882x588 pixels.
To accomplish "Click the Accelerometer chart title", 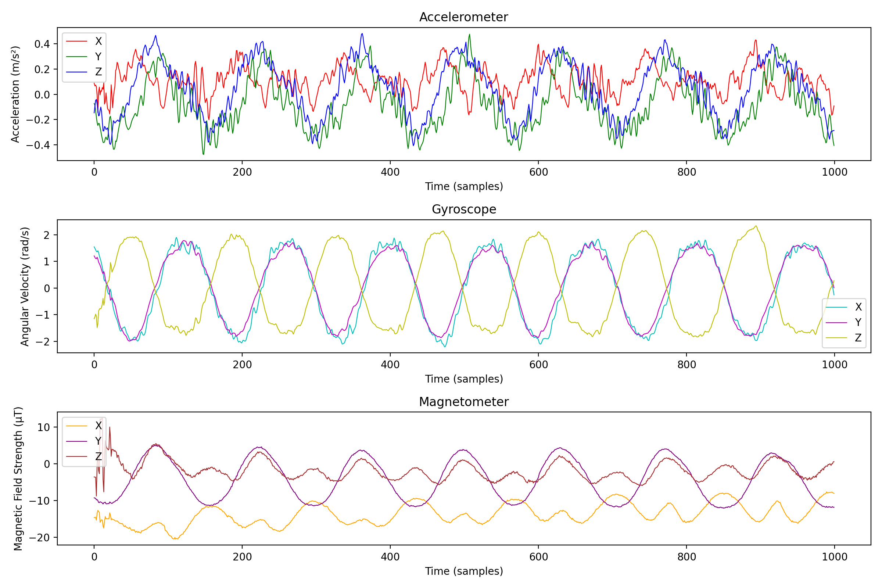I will [x=463, y=17].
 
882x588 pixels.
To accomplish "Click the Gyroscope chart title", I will [x=463, y=209].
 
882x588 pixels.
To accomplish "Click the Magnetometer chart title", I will [x=463, y=402].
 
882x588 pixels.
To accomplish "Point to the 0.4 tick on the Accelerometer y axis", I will [x=42, y=44].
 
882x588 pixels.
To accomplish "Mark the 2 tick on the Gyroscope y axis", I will [x=47, y=235].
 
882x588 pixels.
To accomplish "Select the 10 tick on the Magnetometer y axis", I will [x=43, y=427].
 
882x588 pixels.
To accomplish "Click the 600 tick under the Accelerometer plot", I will [x=538, y=172].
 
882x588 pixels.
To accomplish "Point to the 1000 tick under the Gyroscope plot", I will [x=834, y=365].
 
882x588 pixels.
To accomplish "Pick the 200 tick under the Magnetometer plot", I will [x=242, y=557].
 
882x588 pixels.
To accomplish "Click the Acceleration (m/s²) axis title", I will [x=15, y=94].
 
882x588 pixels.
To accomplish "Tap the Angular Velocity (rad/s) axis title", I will [x=25, y=286].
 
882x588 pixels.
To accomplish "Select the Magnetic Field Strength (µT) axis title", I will [x=18, y=478].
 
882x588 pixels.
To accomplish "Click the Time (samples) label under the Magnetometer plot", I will [x=463, y=571].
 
